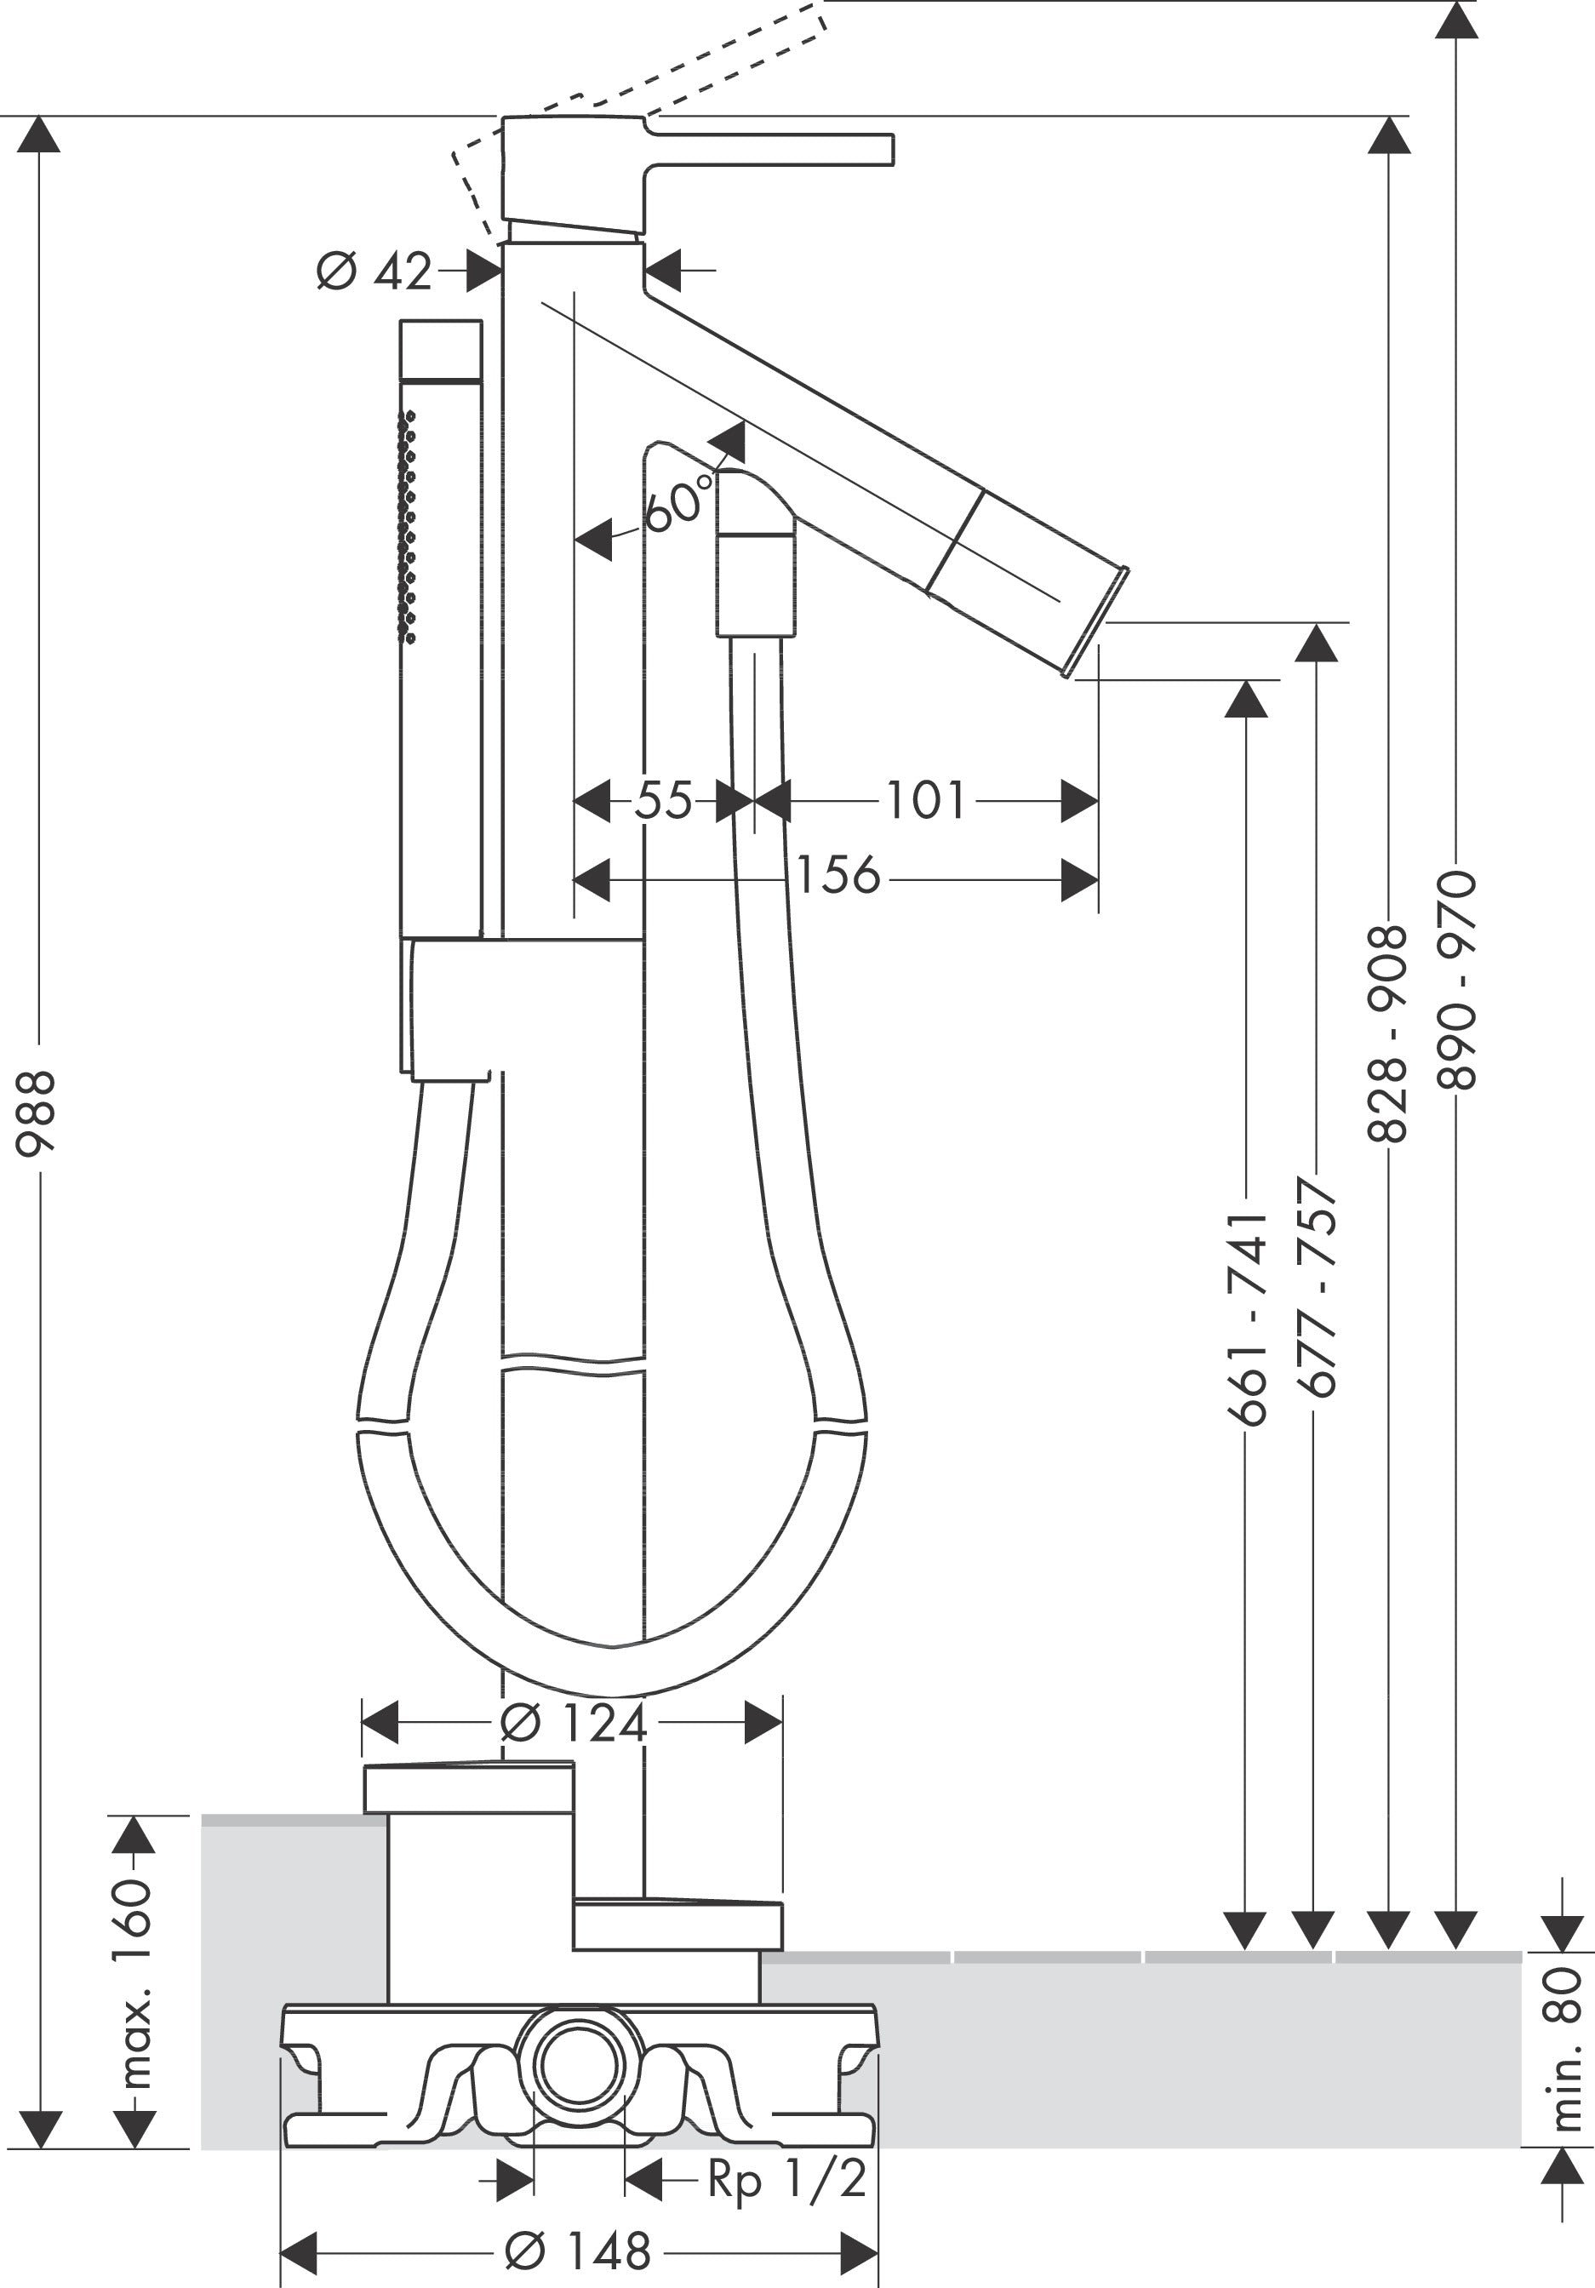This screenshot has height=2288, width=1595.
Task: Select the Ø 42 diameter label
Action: [x=374, y=271]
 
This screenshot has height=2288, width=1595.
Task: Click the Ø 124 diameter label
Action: [x=574, y=1723]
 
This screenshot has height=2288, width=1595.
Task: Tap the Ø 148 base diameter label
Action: [x=578, y=2251]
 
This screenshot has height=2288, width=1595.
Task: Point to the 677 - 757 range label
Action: [x=1317, y=1285]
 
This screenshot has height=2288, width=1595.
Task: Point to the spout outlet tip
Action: [x=1096, y=623]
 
